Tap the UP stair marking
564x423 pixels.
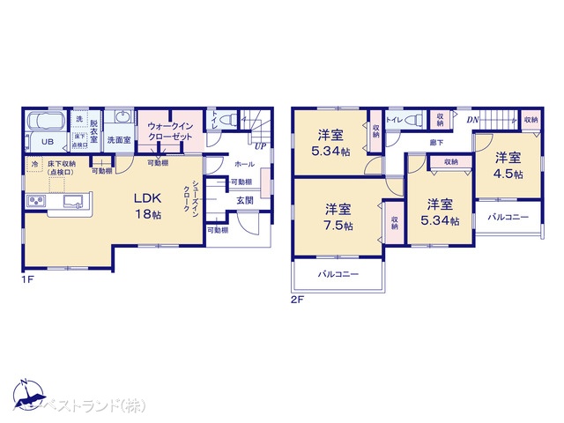[x=261, y=145]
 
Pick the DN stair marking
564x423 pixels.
[x=472, y=119]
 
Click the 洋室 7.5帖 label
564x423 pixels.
[x=338, y=217]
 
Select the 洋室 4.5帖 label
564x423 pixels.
[x=507, y=165]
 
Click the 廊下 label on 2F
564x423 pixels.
[x=436, y=142]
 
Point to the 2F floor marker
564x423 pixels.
[x=297, y=299]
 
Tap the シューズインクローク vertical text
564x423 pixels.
[x=194, y=201]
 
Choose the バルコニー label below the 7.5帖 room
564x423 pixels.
[x=338, y=275]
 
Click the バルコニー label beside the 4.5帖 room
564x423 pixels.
[x=508, y=216]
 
